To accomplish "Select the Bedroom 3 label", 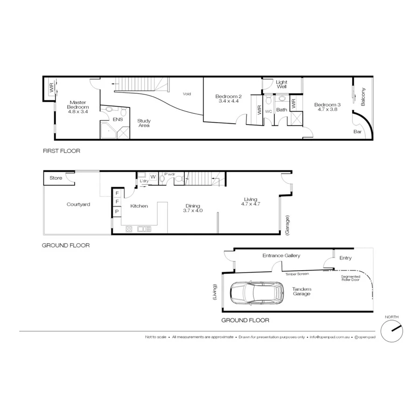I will (327, 105).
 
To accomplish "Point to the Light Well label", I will (281, 84).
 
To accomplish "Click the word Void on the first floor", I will (187, 94).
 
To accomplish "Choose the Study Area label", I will (144, 123).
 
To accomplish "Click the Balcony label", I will (363, 97).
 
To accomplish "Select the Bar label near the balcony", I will (358, 132).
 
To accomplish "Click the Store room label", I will (56, 178).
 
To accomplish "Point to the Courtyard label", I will (78, 204).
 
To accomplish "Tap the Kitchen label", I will (139, 206).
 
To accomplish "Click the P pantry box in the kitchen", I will (117, 211).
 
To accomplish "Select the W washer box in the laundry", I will (153, 176).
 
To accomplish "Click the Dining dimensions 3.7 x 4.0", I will (193, 210).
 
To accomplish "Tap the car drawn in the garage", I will (257, 293).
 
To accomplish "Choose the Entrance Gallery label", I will (281, 255).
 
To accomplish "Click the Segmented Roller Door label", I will (350, 279).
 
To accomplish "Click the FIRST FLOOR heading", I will (61, 151).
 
